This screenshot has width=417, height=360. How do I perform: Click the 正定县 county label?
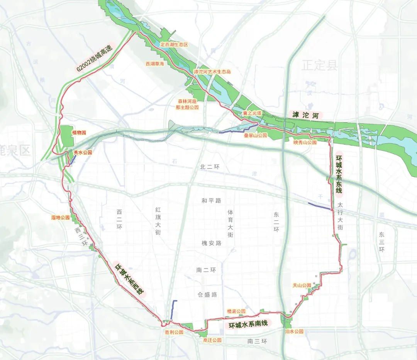click(320, 65)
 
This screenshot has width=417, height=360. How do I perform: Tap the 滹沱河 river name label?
click(305, 115)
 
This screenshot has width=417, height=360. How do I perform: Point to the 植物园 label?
click(79, 132)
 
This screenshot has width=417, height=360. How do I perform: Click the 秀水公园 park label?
click(83, 153)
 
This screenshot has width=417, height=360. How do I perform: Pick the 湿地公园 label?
click(61, 218)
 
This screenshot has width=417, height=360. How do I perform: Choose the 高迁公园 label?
click(212, 340)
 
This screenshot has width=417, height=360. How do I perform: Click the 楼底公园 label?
click(236, 311)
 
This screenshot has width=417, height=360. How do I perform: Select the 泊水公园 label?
click(294, 331)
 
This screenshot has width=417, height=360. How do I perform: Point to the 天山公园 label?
click(302, 286)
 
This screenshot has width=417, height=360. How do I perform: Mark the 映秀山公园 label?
click(305, 142)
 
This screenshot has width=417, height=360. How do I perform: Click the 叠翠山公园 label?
click(255, 136)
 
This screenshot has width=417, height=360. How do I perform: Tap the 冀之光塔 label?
click(252, 113)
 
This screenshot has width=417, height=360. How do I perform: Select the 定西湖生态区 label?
click(174, 45)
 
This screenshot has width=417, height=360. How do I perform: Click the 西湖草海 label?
click(155, 64)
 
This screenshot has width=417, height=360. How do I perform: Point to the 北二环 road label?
click(210, 167)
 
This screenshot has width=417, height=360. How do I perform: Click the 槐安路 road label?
click(212, 243)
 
